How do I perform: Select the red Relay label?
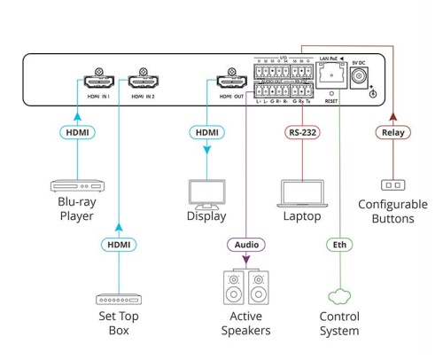coord(392,133)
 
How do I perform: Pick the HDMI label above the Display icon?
coord(206,133)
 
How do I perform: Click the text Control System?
coord(340,325)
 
